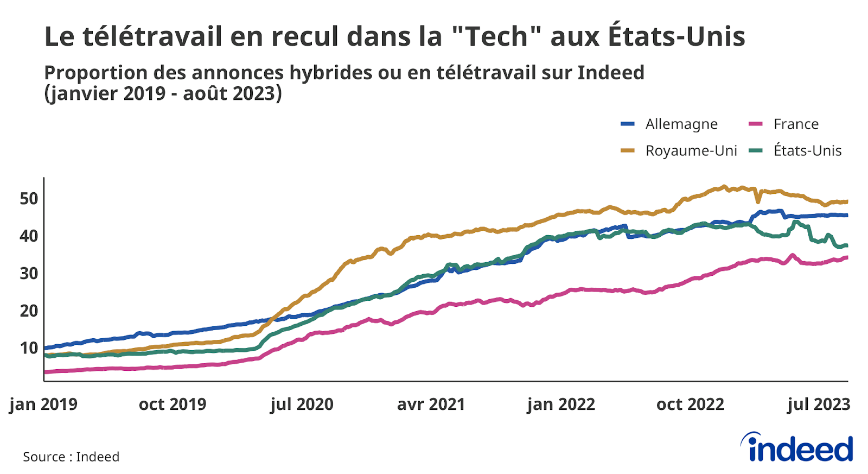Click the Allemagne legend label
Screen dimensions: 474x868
tap(681, 124)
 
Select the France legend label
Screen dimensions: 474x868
tap(796, 124)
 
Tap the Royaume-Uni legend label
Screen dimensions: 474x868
tap(691, 151)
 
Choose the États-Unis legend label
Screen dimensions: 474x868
tap(807, 151)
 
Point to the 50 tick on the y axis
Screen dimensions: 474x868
tap(29, 199)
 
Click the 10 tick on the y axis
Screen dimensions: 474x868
tap(29, 348)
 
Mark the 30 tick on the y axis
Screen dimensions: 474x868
tap(29, 273)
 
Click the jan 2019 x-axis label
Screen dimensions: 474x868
tap(43, 405)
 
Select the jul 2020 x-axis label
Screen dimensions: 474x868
tap(302, 405)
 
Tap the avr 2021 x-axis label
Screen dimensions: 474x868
tap(431, 405)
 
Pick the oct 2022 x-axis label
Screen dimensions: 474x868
tap(690, 405)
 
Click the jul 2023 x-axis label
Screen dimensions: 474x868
tap(819, 405)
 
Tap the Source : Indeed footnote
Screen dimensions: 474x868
tap(71, 457)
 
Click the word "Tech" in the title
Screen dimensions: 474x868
tap(496, 37)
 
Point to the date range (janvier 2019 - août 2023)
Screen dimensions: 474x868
tap(163, 93)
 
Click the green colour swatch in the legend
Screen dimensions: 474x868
tap(756, 151)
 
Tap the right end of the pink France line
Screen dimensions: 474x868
tap(847, 257)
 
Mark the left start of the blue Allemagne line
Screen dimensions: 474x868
tap(45, 347)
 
